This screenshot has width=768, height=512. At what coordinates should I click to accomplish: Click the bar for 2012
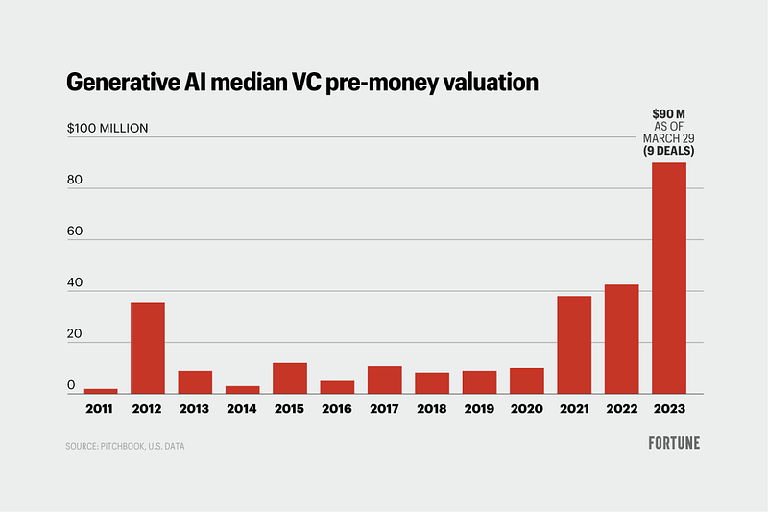[148, 348]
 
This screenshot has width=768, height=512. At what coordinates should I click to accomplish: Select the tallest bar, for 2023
[669, 279]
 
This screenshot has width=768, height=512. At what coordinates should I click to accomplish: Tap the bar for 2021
[574, 345]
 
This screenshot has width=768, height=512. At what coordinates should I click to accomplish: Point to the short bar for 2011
[100, 390]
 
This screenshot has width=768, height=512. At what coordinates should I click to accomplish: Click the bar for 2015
[290, 378]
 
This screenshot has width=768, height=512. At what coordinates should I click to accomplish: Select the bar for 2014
[242, 389]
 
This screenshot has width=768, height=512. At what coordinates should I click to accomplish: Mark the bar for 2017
[384, 379]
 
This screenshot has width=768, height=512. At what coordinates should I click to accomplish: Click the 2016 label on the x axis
[337, 409]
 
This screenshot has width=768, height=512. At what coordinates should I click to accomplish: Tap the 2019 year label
[479, 409]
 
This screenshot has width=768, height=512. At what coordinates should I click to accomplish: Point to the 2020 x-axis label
[526, 409]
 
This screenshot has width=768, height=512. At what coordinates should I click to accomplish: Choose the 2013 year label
[195, 409]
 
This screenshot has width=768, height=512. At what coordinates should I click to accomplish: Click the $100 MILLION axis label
[108, 129]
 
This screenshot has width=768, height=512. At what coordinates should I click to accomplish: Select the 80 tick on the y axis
[74, 180]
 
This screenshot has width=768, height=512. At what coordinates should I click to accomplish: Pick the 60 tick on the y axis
[74, 232]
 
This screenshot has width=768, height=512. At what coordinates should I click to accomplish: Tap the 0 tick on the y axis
[71, 385]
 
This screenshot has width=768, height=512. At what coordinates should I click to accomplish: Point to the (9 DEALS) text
[668, 151]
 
